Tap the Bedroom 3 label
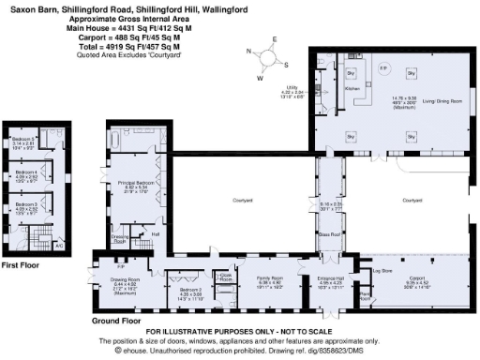(x=24, y=203)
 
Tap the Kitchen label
(x=352, y=87)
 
